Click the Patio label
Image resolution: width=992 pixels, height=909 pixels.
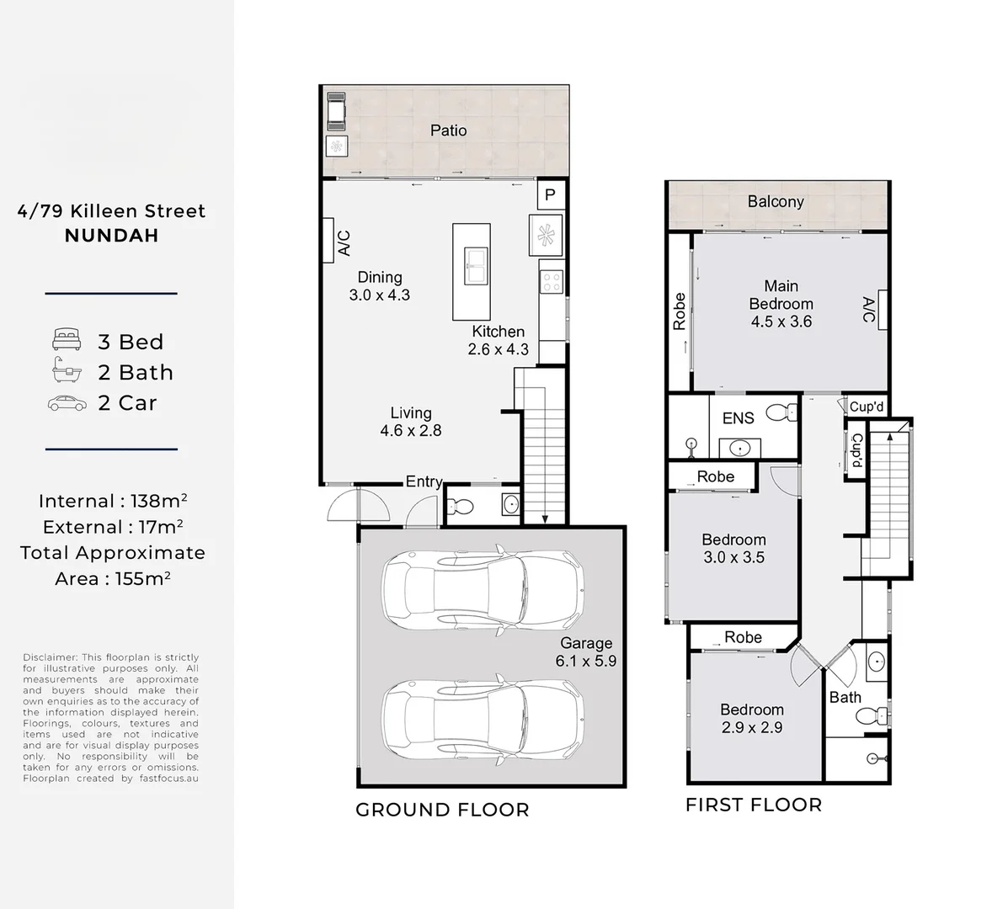click(x=448, y=130)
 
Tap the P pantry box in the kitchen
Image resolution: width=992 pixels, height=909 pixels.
click(x=551, y=195)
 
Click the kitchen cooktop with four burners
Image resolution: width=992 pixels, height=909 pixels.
click(x=551, y=280)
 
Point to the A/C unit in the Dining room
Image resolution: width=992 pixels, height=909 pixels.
click(x=329, y=243)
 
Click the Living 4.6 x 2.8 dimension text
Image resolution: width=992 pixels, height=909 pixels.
click(x=411, y=430)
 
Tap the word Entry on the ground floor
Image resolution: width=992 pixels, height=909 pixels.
click(x=424, y=481)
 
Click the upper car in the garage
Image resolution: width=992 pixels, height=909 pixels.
click(x=483, y=590)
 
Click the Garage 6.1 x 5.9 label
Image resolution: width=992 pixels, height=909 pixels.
click(x=585, y=652)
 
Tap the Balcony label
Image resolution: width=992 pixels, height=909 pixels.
click(x=776, y=201)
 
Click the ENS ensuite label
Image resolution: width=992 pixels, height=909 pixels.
click(x=738, y=418)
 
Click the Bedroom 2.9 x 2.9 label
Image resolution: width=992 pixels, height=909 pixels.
click(x=751, y=718)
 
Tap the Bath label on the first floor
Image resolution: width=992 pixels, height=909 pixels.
click(x=845, y=697)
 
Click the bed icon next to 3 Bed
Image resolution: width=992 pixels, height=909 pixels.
click(x=67, y=341)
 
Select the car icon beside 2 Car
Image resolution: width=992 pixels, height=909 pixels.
click(x=67, y=403)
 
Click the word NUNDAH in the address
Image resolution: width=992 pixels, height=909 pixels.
click(x=111, y=236)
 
